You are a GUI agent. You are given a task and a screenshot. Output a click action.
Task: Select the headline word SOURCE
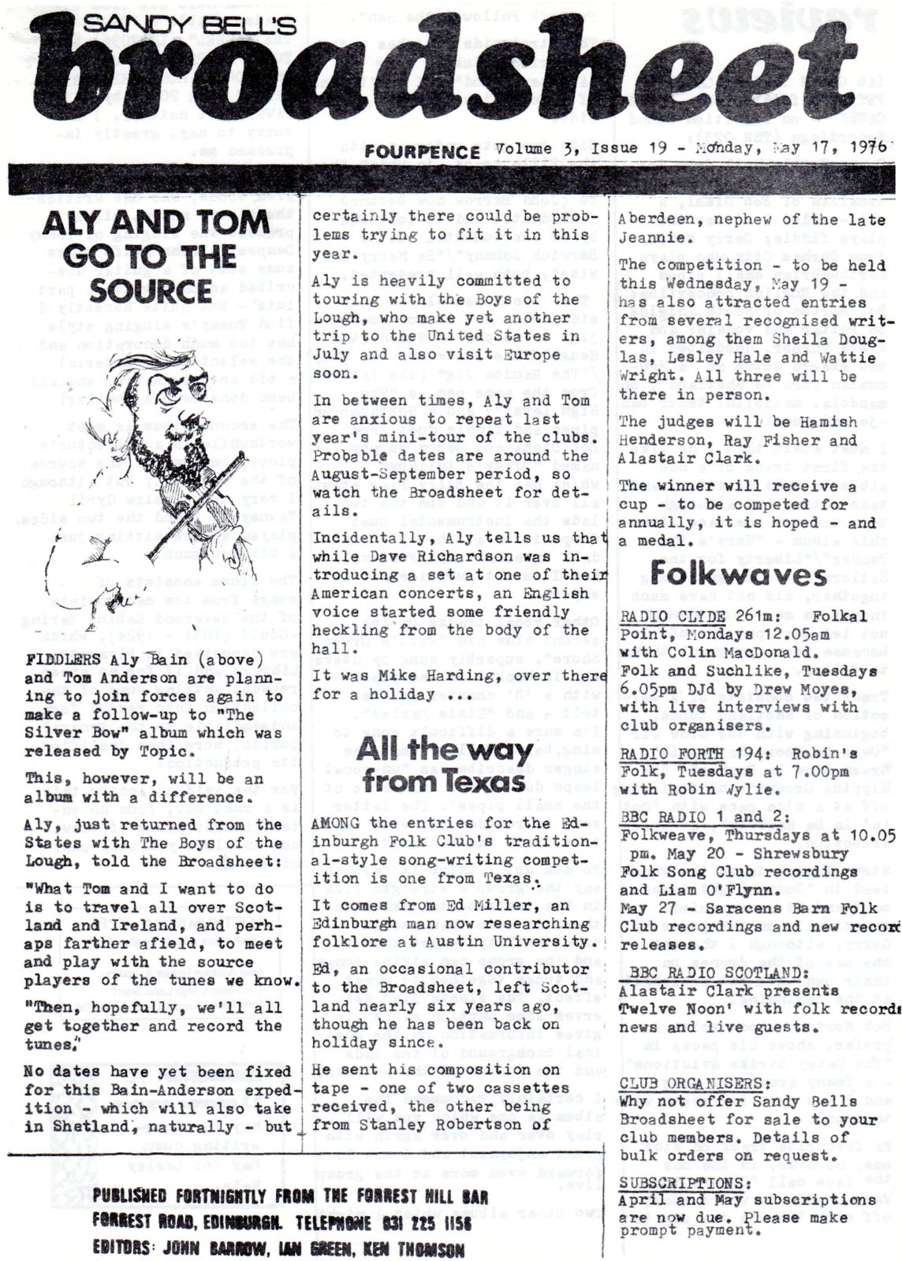(x=150, y=290)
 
